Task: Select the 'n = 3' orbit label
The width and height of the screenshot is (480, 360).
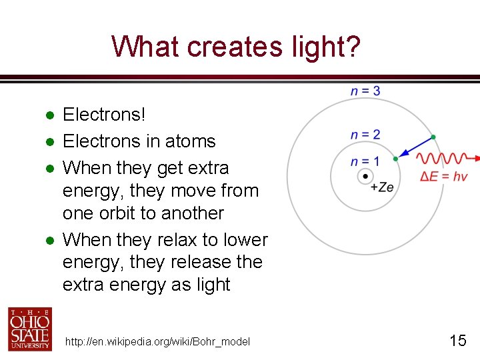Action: tap(365, 91)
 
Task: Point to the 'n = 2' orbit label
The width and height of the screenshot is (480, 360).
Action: tap(365, 135)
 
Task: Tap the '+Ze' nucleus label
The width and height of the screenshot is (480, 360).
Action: tap(382, 187)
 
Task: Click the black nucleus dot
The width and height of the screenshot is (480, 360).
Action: tap(365, 177)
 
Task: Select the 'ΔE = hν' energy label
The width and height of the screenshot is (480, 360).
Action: tap(443, 177)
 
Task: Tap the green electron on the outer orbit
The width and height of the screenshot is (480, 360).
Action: tap(433, 137)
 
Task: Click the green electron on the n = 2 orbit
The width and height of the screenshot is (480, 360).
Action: tap(395, 159)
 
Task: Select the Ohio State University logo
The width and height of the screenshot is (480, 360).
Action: tap(29, 329)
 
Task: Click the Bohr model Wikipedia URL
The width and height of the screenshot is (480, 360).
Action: tap(157, 342)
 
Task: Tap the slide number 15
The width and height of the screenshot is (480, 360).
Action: tap(457, 341)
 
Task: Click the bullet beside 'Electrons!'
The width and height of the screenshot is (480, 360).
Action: tap(49, 115)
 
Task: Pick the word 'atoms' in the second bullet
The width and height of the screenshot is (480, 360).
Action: tap(193, 141)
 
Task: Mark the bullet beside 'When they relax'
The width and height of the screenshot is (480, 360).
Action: tap(49, 240)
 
